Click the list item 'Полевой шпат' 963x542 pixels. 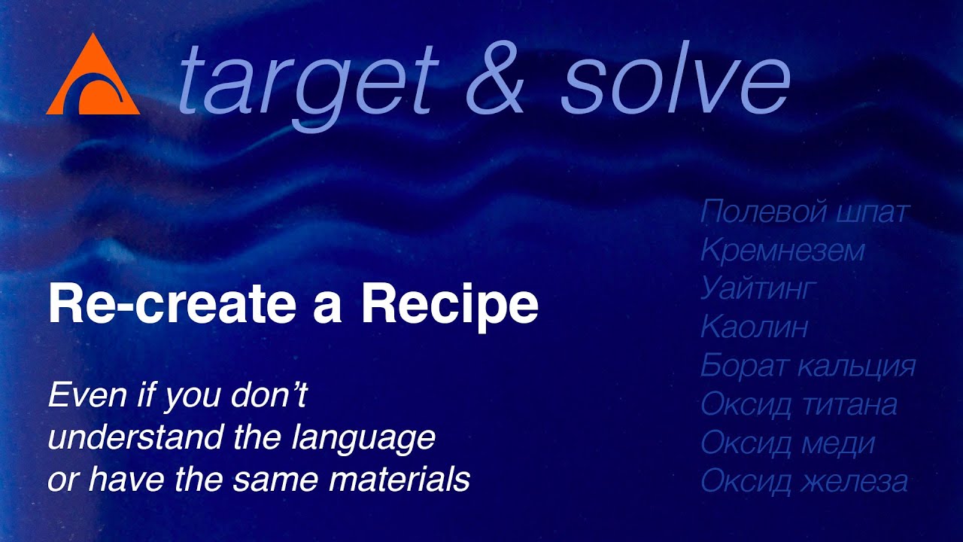804,213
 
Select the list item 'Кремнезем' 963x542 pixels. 782,251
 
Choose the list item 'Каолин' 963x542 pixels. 754,327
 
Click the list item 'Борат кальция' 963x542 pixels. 808,367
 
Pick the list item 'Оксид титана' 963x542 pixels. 799,405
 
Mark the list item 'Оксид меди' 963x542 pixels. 788,443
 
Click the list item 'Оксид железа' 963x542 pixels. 804,482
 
